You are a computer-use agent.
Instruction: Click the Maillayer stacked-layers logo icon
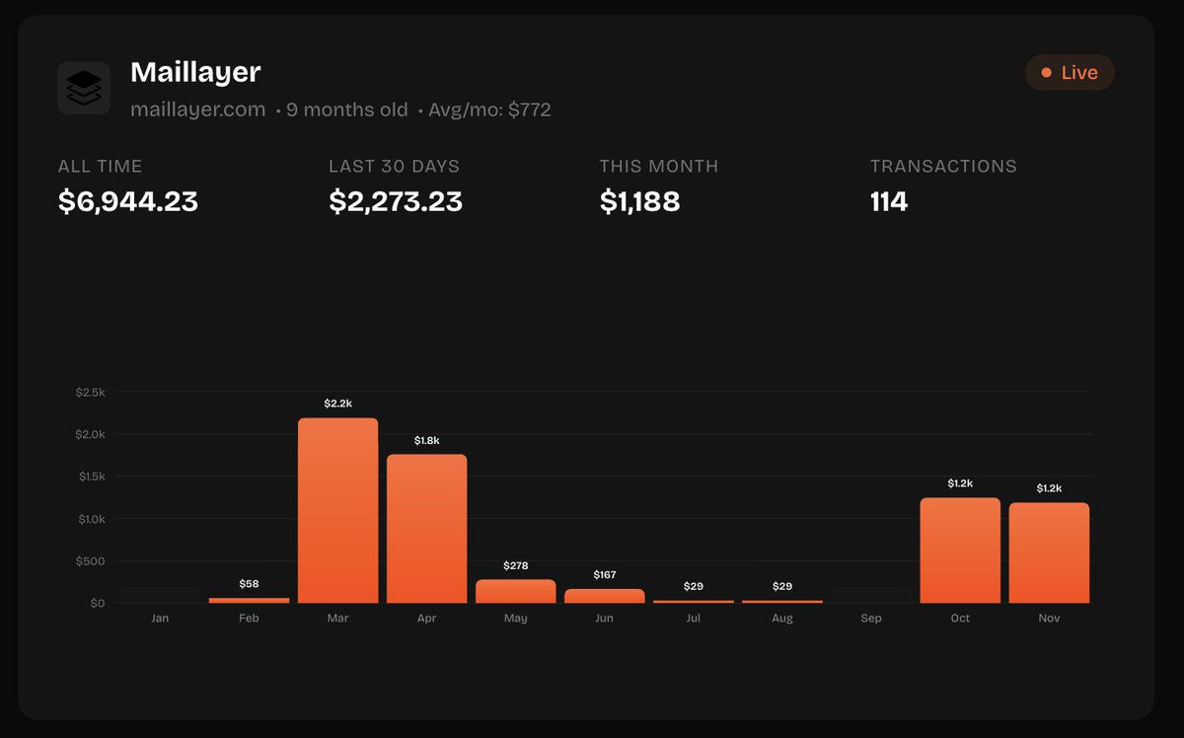pos(84,88)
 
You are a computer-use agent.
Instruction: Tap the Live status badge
pos(1070,73)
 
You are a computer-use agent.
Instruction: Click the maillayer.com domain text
pos(198,110)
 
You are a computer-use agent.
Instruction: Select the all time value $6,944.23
pos(128,201)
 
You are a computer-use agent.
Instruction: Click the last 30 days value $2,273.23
pos(396,201)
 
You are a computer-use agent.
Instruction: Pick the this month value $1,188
pos(639,201)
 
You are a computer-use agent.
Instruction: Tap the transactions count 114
pos(889,201)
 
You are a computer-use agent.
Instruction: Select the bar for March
pos(337,510)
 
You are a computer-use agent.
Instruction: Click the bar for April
pos(426,528)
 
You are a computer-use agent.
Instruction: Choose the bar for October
pos(960,550)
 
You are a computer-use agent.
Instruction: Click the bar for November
pos(1049,553)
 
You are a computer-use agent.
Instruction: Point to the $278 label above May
pos(515,565)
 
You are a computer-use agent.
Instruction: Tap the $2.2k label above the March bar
pos(337,404)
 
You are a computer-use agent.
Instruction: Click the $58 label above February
pos(249,584)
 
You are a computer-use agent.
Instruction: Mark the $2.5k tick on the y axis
pos(90,393)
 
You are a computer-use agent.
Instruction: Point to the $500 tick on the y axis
pos(90,561)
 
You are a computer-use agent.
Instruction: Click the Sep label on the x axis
pos(871,619)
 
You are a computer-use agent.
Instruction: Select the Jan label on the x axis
pos(160,619)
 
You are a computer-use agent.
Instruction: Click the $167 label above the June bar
pos(604,574)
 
